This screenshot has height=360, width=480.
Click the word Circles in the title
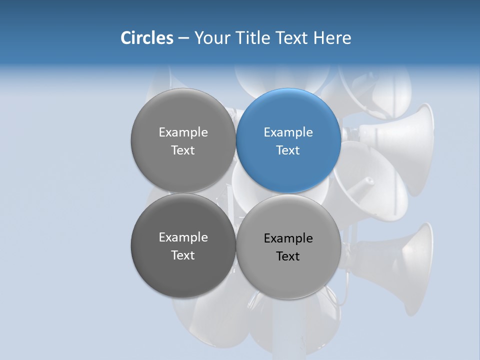click(146, 37)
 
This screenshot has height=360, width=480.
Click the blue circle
click(288, 141)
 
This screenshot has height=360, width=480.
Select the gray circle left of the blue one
click(183, 141)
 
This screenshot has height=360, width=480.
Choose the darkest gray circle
click(183, 246)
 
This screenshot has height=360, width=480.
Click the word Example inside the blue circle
click(288, 132)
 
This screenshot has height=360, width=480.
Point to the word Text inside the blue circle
click(288, 150)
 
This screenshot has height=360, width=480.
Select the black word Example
click(288, 238)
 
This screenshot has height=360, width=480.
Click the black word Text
click(288, 256)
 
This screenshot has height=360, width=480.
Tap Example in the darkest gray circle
click(183, 237)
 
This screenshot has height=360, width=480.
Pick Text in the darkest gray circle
click(183, 255)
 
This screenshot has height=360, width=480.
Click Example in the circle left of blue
click(183, 132)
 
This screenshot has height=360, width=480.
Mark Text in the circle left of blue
click(183, 150)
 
